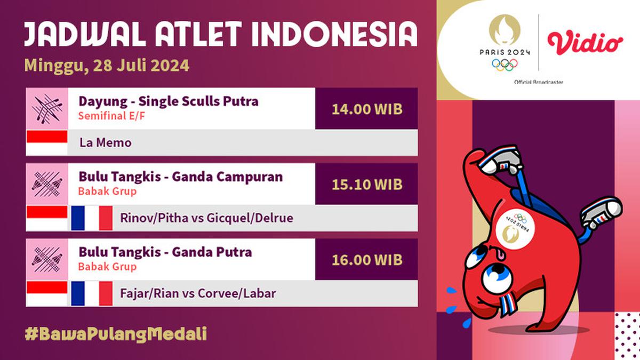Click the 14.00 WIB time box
(366, 109)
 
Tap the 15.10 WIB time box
(366, 184)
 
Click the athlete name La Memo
(105, 143)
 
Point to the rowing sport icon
(47, 109)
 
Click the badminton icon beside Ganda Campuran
(47, 184)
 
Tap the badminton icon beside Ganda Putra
(47, 259)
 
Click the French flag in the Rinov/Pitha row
(92, 218)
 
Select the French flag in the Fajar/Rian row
(92, 293)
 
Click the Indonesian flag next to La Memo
(47, 143)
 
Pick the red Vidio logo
(585, 43)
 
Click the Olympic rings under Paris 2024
(505, 65)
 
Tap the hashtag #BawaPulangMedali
(116, 334)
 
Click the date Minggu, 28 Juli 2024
(107, 66)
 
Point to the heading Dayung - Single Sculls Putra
(169, 101)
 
